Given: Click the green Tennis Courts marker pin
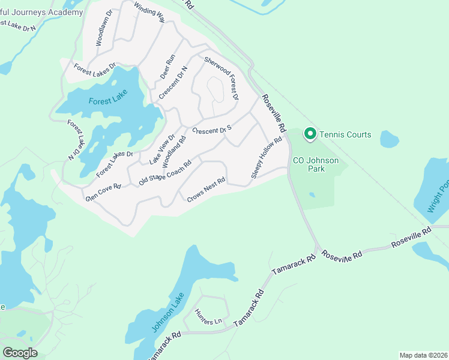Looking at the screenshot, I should (x=310, y=134).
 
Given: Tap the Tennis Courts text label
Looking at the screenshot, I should (x=345, y=134).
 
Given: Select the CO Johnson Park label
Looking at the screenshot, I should (x=316, y=165).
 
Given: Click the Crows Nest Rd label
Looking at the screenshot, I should (x=206, y=188).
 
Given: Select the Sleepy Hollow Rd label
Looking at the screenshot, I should (x=267, y=158).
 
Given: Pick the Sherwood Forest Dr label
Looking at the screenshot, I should (x=221, y=78).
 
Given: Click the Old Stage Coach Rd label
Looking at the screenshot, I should (x=165, y=172).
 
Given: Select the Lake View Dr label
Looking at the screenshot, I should (x=161, y=148).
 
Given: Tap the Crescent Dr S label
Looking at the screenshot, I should (x=212, y=129).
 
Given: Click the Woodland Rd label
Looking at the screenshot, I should (x=174, y=151).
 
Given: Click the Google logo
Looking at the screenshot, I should (x=20, y=353).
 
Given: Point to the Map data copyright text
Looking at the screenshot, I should (x=423, y=355).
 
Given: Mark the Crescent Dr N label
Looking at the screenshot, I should (x=173, y=83).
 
